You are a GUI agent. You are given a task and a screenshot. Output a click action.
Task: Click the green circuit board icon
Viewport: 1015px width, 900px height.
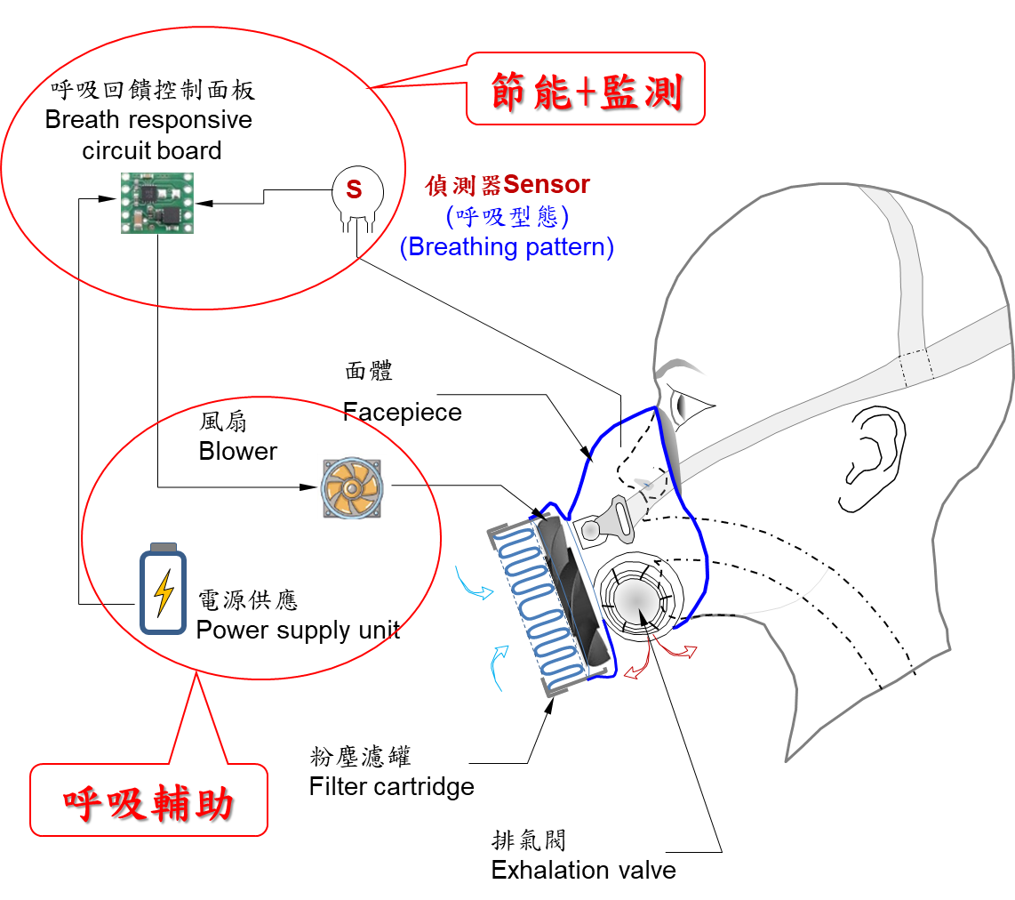click(158, 203)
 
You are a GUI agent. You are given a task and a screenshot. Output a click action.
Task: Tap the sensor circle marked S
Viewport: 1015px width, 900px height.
click(354, 189)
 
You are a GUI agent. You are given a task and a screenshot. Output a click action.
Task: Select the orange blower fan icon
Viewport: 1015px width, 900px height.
click(350, 487)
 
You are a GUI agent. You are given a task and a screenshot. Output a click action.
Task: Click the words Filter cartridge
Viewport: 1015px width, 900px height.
click(391, 787)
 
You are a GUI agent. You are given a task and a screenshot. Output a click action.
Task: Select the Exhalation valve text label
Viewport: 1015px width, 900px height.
click(583, 870)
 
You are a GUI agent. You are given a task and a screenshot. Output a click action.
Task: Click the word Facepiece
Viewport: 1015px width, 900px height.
click(402, 412)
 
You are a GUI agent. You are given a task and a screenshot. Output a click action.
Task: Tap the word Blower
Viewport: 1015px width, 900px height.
click(237, 451)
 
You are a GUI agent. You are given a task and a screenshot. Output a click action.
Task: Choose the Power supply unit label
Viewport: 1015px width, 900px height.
click(298, 631)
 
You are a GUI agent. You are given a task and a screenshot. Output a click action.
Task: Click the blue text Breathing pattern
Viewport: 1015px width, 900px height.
click(507, 246)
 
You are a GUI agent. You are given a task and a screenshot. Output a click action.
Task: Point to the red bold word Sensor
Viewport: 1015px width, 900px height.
click(546, 185)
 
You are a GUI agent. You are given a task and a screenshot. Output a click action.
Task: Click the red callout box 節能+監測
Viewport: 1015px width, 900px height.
click(586, 88)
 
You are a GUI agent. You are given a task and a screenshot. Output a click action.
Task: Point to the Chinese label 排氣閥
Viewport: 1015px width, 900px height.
click(528, 840)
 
